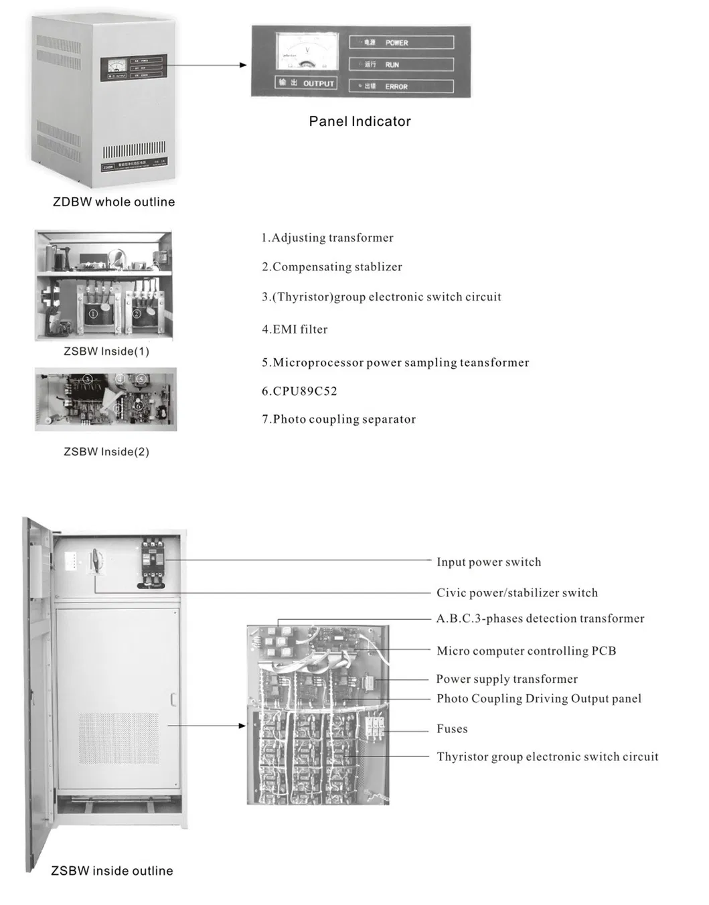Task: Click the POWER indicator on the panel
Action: [x=401, y=43]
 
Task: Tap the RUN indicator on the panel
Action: [x=401, y=65]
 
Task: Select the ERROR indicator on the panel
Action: [x=401, y=86]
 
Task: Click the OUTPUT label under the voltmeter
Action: [x=306, y=83]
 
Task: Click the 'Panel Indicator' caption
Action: [x=360, y=121]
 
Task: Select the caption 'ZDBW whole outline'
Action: [x=114, y=202]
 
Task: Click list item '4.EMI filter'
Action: [x=295, y=329]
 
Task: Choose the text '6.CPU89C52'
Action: [x=299, y=391]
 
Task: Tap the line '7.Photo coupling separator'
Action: [x=339, y=419]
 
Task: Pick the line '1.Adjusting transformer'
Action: [x=327, y=238]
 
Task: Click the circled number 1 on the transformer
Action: [x=93, y=313]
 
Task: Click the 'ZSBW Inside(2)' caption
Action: [x=106, y=452]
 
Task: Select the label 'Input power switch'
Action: [x=489, y=562]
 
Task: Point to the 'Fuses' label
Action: [x=452, y=729]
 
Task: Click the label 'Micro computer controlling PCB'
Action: [x=526, y=651]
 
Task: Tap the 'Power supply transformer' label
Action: [x=507, y=679]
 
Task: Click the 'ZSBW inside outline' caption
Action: [x=112, y=871]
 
